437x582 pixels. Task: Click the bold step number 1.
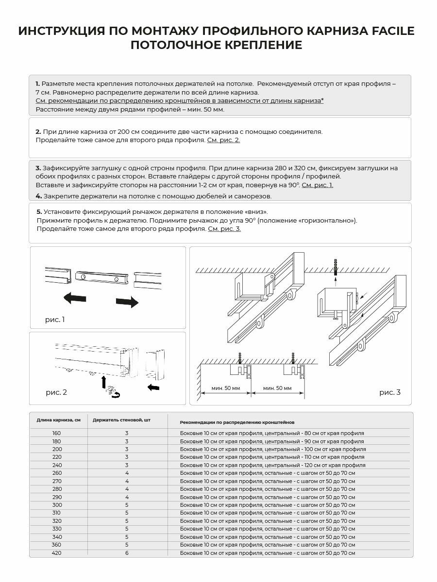pyautogui.click(x=38, y=83)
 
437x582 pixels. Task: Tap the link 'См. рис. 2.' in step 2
pyautogui.click(x=223, y=140)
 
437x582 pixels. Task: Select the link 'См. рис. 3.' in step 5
pyautogui.click(x=224, y=229)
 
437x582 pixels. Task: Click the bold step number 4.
pyautogui.click(x=38, y=196)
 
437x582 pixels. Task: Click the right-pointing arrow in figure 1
pyautogui.click(x=127, y=302)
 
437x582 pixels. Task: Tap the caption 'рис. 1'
pyautogui.click(x=54, y=320)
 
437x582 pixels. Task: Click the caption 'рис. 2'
pyautogui.click(x=56, y=392)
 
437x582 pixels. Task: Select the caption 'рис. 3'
pyautogui.click(x=390, y=392)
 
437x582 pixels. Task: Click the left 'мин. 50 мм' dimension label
pyautogui.click(x=226, y=388)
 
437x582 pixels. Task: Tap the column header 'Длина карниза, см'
pyautogui.click(x=58, y=420)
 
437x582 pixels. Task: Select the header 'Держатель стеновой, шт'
pyautogui.click(x=121, y=420)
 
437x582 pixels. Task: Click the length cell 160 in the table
pyautogui.click(x=56, y=433)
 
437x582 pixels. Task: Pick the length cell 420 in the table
pyautogui.click(x=56, y=553)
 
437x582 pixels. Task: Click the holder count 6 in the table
pyautogui.click(x=127, y=553)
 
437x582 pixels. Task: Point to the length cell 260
pyautogui.click(x=56, y=473)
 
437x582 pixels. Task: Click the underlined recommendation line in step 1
pyautogui.click(x=180, y=100)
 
